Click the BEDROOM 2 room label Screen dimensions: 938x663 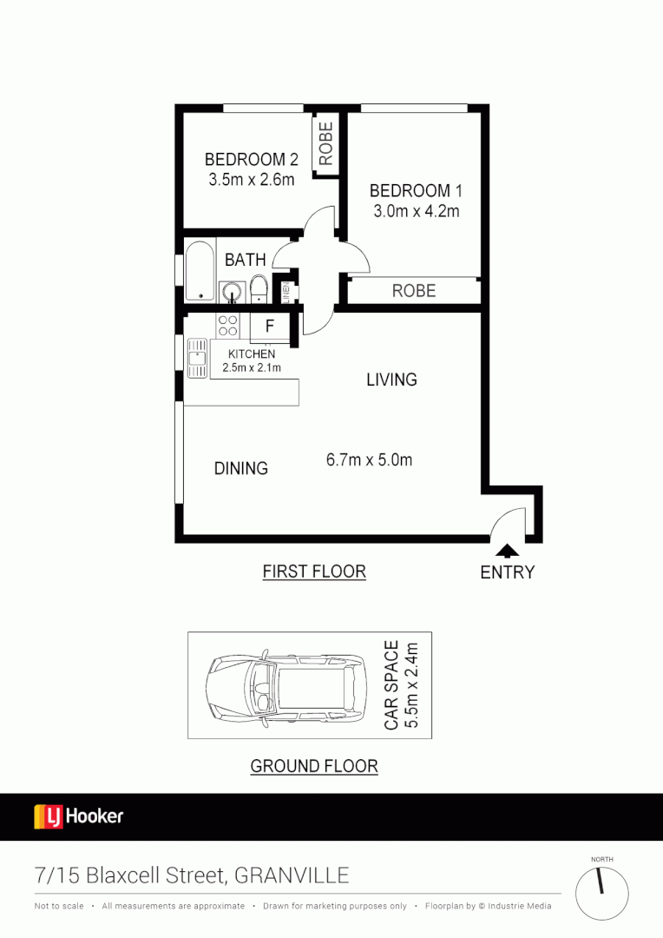tap(251, 160)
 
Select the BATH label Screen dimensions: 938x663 tap(245, 260)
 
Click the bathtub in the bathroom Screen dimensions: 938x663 tap(199, 270)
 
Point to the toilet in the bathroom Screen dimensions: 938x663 tap(259, 287)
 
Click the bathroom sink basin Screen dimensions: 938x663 tap(231, 289)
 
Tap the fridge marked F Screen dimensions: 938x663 tap(269, 327)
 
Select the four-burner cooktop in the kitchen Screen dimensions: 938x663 tap(227, 326)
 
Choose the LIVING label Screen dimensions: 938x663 tap(391, 380)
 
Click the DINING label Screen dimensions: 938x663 tap(240, 468)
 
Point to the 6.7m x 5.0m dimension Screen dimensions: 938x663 tap(369, 460)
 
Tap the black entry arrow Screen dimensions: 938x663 tap(507, 550)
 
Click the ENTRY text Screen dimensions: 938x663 tap(507, 572)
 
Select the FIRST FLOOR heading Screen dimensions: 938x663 tap(313, 571)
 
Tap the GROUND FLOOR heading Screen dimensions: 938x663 tap(313, 766)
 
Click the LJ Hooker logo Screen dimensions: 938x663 tap(78, 816)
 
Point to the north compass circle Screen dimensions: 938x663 tap(601, 894)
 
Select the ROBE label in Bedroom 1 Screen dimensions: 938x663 tap(413, 291)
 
